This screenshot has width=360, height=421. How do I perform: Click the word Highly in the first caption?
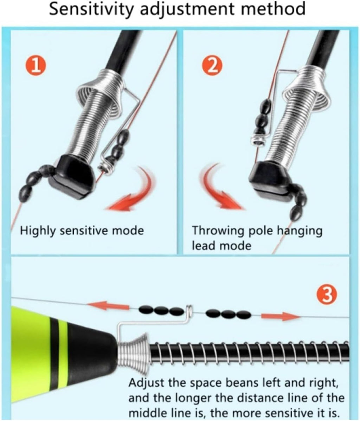pyautogui.click(x=38, y=231)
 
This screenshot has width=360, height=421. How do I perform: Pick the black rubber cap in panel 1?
pyautogui.click(x=74, y=175)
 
